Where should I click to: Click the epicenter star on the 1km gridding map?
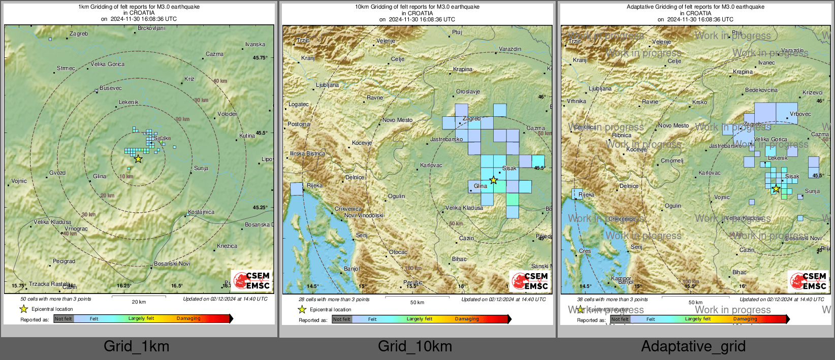pos(138,159)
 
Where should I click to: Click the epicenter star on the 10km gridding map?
pos(493,180)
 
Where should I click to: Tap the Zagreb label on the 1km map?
pos(79,34)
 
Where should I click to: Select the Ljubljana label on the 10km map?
pos(327,85)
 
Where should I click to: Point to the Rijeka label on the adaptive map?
pos(586,195)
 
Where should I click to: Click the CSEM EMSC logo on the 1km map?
pos(252,280)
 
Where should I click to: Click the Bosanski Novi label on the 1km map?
pos(172,264)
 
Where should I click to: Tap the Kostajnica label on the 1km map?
pos(201,212)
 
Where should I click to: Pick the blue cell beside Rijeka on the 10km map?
pos(296,189)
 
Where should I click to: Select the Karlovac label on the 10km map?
pos(431,166)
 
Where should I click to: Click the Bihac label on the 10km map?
pos(459,259)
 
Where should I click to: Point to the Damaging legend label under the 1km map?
pos(188,318)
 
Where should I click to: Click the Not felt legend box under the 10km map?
pos(342,319)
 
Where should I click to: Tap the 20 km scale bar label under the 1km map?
pos(139,302)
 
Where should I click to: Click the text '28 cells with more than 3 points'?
pos(330,300)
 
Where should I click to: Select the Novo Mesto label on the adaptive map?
pos(673,125)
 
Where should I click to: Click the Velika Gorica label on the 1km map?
pos(108,64)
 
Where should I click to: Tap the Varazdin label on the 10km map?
pos(510,49)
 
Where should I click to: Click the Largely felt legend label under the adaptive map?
pos(697,319)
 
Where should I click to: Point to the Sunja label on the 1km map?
pos(201,168)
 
